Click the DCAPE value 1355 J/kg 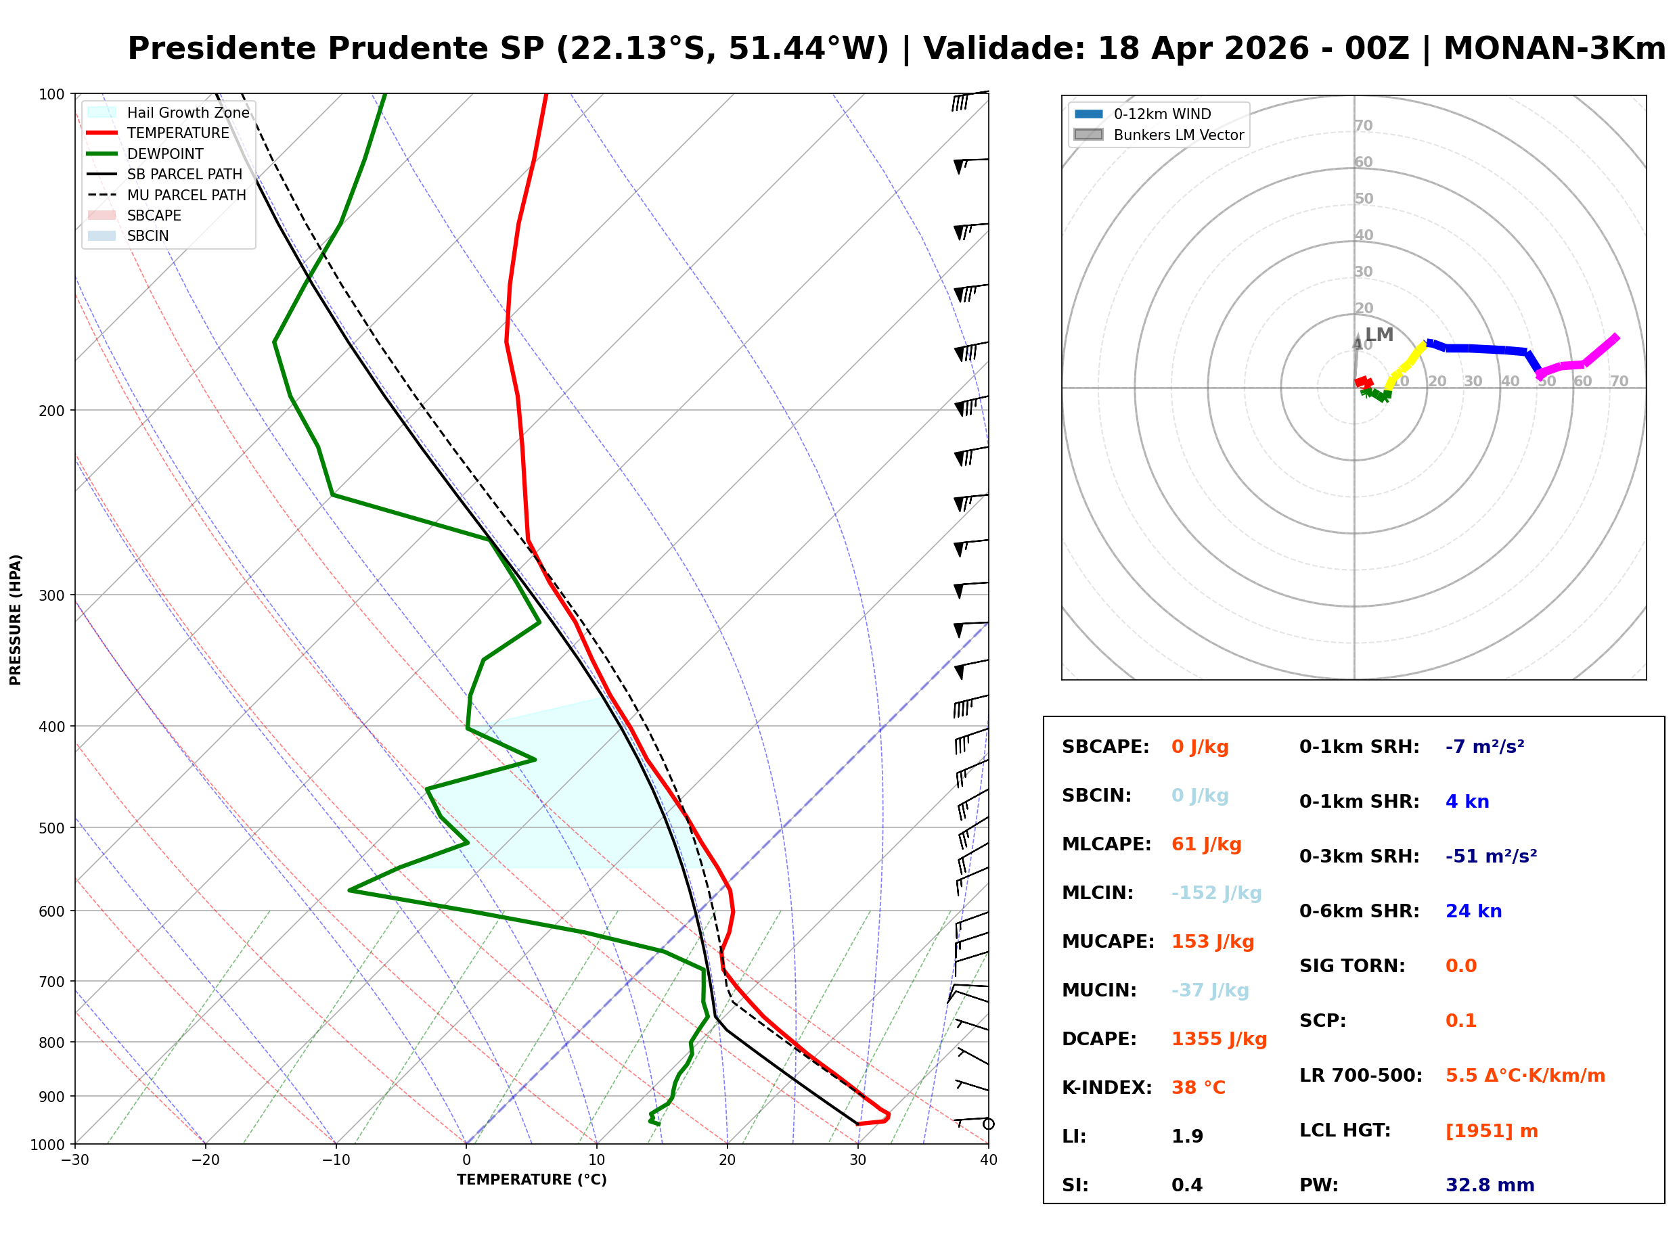pyautogui.click(x=1218, y=1039)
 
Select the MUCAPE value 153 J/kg pyautogui.click(x=1211, y=942)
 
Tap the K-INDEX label pyautogui.click(x=1106, y=1088)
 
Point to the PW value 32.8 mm pyautogui.click(x=1489, y=1185)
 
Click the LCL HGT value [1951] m pyautogui.click(x=1490, y=1131)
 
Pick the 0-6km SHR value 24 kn pyautogui.click(x=1473, y=912)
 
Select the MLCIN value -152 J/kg pyautogui.click(x=1216, y=893)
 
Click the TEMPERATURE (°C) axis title pyautogui.click(x=531, y=1180)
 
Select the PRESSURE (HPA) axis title pyautogui.click(x=16, y=620)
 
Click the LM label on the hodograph pyautogui.click(x=1378, y=335)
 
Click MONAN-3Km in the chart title pyautogui.click(x=1553, y=49)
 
